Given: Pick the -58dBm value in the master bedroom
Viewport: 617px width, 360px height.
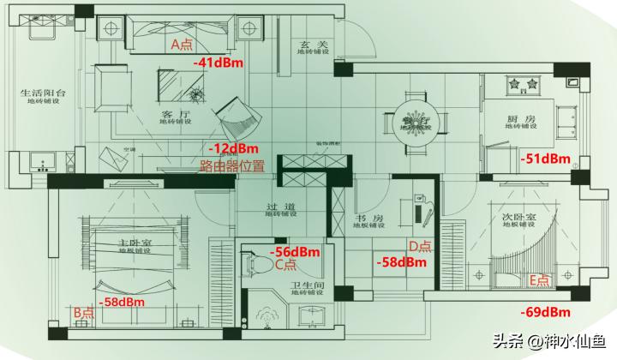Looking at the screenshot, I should pos(121,302).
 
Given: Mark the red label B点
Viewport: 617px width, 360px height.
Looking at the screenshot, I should pos(83,313).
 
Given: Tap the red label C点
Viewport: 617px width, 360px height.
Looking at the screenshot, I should pos(285,266).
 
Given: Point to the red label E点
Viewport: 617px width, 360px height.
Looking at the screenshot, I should pos(542,279).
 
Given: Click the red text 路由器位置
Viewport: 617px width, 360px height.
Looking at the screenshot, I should pos(231,165).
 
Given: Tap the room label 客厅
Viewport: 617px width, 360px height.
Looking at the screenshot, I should pos(174,113).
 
